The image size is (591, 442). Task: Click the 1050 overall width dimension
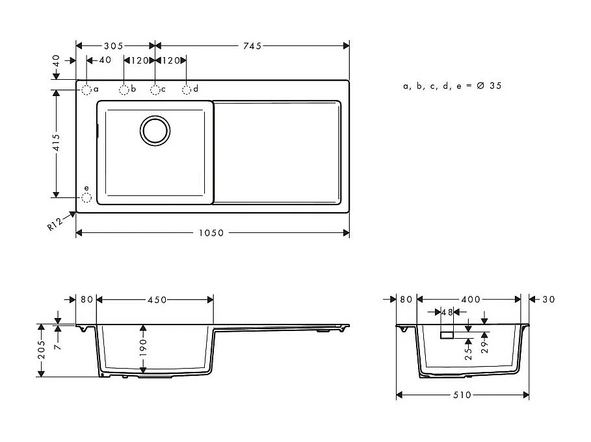[212, 233]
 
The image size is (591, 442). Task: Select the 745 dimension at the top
[252, 46]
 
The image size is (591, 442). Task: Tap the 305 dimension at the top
[115, 46]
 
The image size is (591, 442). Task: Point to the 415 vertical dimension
[57, 142]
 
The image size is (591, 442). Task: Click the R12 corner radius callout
[55, 224]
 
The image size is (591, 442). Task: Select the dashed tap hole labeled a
[86, 90]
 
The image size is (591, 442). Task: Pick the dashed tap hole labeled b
[124, 90]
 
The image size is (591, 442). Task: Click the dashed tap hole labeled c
[155, 90]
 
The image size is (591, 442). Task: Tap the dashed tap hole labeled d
[187, 90]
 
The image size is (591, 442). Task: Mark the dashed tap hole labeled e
[86, 197]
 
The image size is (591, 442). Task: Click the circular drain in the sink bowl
[155, 130]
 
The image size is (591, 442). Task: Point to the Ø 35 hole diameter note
[452, 86]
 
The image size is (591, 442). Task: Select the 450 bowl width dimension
[156, 300]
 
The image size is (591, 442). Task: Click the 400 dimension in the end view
[470, 299]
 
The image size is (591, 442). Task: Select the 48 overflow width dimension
[447, 312]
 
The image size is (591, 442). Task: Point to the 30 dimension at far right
[549, 299]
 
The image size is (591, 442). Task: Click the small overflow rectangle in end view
[447, 335]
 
